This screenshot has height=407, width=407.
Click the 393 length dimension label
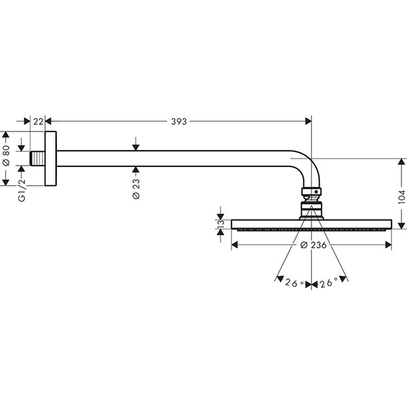pos(179,121)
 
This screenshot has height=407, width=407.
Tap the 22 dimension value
pos(38,121)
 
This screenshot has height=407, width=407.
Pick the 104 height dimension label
pos(401,196)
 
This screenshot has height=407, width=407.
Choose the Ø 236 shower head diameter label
pos(313,245)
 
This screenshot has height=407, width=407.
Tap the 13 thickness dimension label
pos(219,224)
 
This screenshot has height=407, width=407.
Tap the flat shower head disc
pos(311,223)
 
